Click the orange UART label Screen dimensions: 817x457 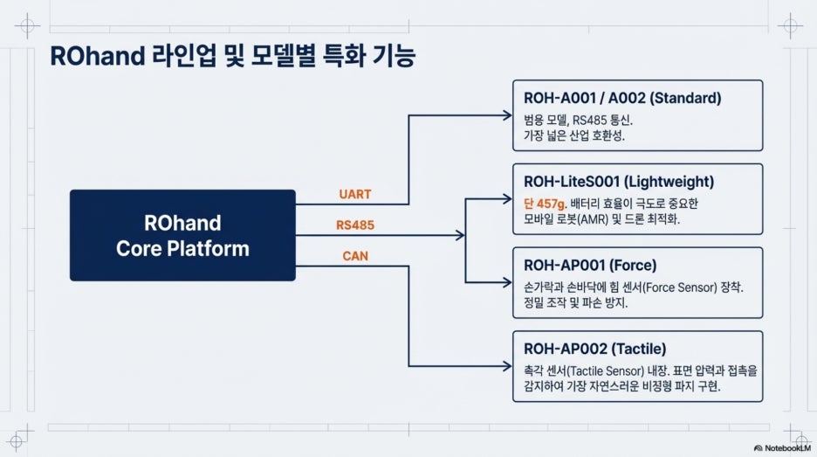[x=355, y=194]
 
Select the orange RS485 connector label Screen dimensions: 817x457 [x=355, y=225]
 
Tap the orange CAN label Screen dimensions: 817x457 [x=355, y=256]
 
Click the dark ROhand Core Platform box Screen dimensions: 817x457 [x=182, y=235]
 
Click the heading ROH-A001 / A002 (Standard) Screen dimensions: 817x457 [x=622, y=98]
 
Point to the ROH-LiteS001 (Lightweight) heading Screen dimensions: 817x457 [x=619, y=182]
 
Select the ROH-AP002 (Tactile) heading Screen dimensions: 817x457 [x=594, y=349]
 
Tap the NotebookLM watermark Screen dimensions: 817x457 [x=783, y=447]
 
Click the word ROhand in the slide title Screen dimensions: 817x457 [x=98, y=56]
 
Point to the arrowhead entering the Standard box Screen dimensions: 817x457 [x=507, y=115]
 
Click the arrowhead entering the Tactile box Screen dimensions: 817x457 [x=507, y=366]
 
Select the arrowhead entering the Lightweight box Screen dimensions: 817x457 [x=507, y=198]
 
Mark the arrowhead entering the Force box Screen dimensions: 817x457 [x=507, y=282]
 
